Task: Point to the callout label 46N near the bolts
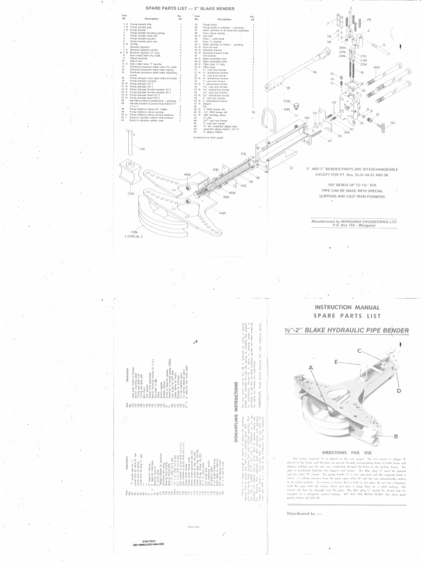pos(376,68)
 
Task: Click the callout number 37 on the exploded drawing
pos(291,168)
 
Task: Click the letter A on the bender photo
pos(310,367)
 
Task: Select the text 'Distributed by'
pos(304,514)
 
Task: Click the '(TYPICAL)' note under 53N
pos(133,238)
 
